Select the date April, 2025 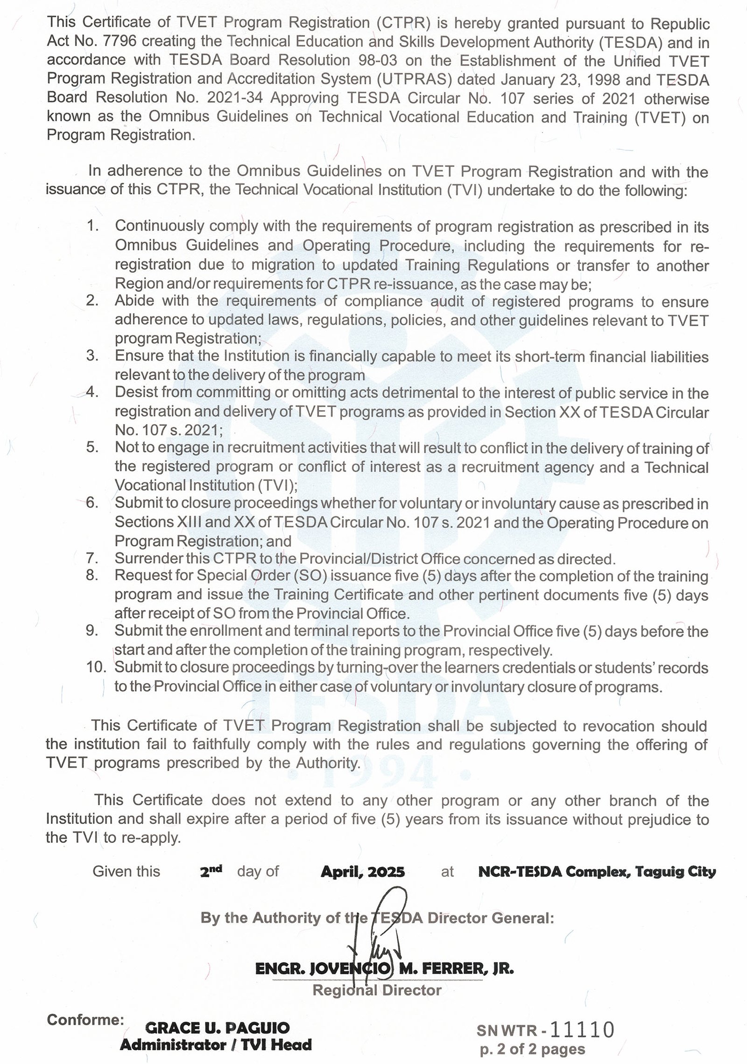[x=362, y=871]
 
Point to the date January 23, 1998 [x=542, y=80]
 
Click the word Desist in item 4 [x=136, y=393]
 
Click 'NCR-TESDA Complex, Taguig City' [x=597, y=871]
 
